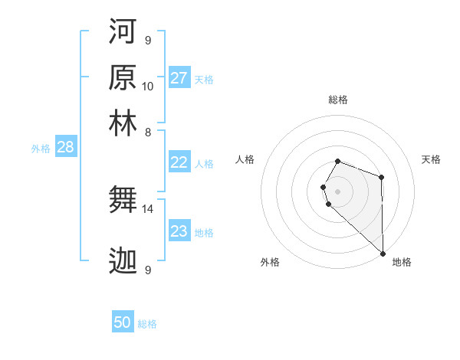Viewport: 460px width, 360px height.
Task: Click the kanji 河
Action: (x=123, y=31)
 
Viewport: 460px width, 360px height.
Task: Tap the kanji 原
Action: (x=123, y=78)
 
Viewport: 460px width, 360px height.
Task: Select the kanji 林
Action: (x=123, y=124)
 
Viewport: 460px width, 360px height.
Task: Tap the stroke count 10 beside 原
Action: (x=148, y=86)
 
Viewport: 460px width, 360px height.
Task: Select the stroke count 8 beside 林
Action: (x=148, y=132)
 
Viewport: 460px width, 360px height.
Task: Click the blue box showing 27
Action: (x=179, y=78)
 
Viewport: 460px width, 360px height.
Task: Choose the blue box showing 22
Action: (x=179, y=162)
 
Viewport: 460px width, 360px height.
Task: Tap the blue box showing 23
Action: (x=179, y=231)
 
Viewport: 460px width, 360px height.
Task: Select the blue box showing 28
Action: (x=65, y=147)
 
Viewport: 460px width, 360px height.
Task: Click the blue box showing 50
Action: (x=123, y=322)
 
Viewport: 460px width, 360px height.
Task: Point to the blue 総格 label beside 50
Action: (x=147, y=324)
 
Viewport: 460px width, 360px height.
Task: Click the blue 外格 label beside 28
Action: (x=41, y=149)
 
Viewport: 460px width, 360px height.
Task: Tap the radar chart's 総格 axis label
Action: (x=338, y=100)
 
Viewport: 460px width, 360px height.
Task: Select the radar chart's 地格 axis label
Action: (x=402, y=262)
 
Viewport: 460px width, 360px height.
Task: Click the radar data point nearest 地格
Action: (x=383, y=253)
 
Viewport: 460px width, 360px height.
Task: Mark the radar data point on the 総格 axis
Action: (x=338, y=161)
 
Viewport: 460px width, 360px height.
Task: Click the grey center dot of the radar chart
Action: (x=338, y=191)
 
